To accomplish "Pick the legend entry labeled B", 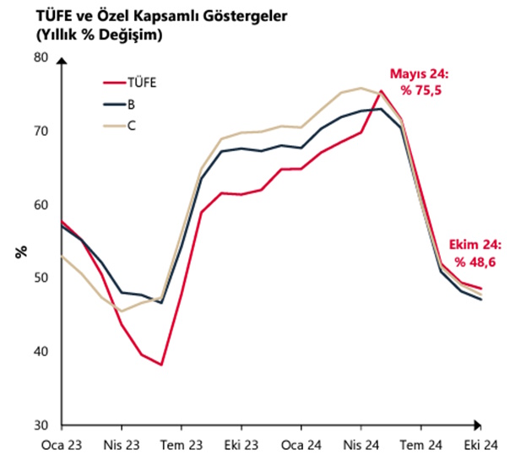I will pos(130,105).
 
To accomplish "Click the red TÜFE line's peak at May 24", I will pos(381,91).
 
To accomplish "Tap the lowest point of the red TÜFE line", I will pos(161,365).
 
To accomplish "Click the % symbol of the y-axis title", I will pos(20,251).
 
